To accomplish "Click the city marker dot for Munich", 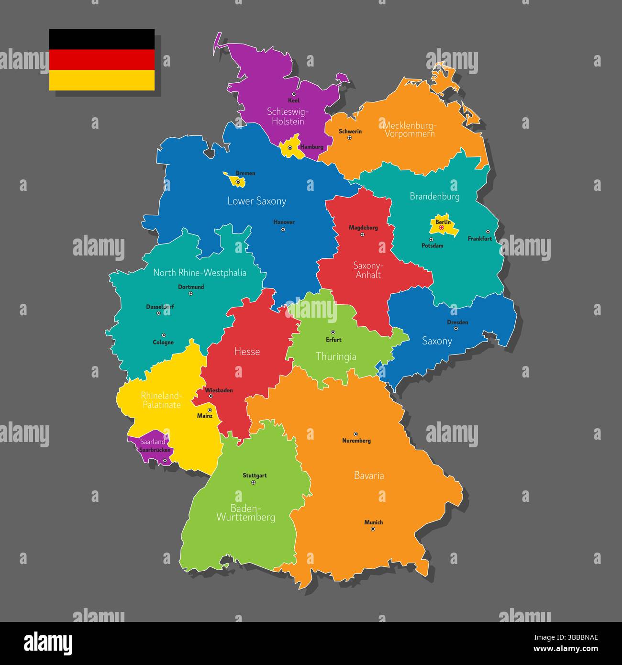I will coord(373,529).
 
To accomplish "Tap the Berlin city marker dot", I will coord(441,228).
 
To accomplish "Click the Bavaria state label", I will coord(369,476).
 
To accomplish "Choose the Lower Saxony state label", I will coord(256,201).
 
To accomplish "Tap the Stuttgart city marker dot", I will coord(254,482).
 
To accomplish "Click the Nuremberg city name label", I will coord(356,441).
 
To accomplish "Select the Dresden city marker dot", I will coord(458,329).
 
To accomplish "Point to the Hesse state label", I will coord(247,352).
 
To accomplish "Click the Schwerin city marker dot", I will coord(349,138).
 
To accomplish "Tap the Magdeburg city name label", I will coord(363,228).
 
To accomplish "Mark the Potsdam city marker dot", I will coord(431,240).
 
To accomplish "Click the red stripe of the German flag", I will coord(102,60).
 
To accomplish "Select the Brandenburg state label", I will coord(434,196).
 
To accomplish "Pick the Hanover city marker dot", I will coord(283,230).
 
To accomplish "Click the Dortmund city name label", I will coord(191,287).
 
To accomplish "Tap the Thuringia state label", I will coord(336,356).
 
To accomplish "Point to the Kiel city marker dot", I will coord(294,94).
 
